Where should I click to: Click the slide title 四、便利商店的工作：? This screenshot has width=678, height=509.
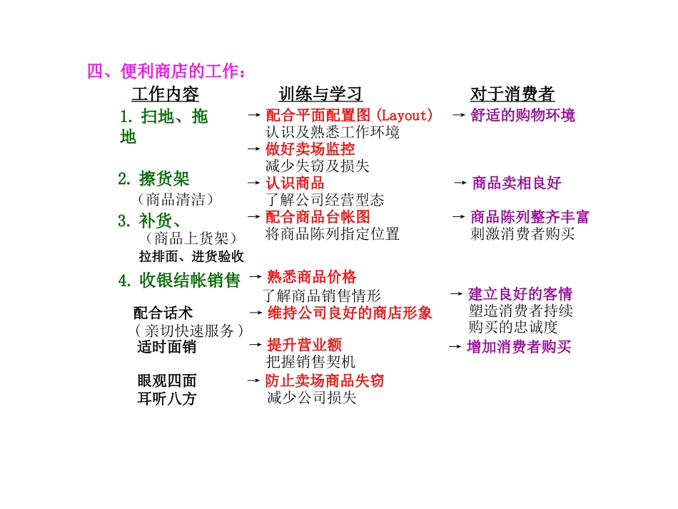coord(168,71)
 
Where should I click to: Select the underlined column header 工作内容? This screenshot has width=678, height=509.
coord(165,94)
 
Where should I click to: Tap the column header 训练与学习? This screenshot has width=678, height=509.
coord(320,94)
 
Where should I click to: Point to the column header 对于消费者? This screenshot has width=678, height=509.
coord(512,94)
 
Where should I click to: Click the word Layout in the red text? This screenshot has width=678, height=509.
coord(404,115)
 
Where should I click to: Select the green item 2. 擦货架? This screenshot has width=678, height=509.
coord(154,178)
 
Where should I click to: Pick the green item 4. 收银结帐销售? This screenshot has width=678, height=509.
coord(179,281)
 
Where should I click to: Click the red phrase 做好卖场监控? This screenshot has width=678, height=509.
coord(310,148)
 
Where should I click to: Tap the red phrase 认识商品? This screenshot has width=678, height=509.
coord(295,183)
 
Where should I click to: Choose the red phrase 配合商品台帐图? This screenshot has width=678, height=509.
coord(318,216)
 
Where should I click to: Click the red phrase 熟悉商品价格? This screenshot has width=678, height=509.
coord(311,277)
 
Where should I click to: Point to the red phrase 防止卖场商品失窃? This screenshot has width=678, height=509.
coord(325,381)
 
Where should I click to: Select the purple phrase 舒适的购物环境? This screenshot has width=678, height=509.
coord(522,115)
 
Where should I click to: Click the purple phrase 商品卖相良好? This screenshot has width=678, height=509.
coord(517,183)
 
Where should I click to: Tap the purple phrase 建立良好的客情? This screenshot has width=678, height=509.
coord(520,293)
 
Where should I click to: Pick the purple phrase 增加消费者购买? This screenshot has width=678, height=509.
coord(519,347)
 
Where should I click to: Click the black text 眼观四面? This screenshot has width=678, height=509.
coord(167,381)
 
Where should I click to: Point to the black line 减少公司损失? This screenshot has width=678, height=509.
coord(310,398)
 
